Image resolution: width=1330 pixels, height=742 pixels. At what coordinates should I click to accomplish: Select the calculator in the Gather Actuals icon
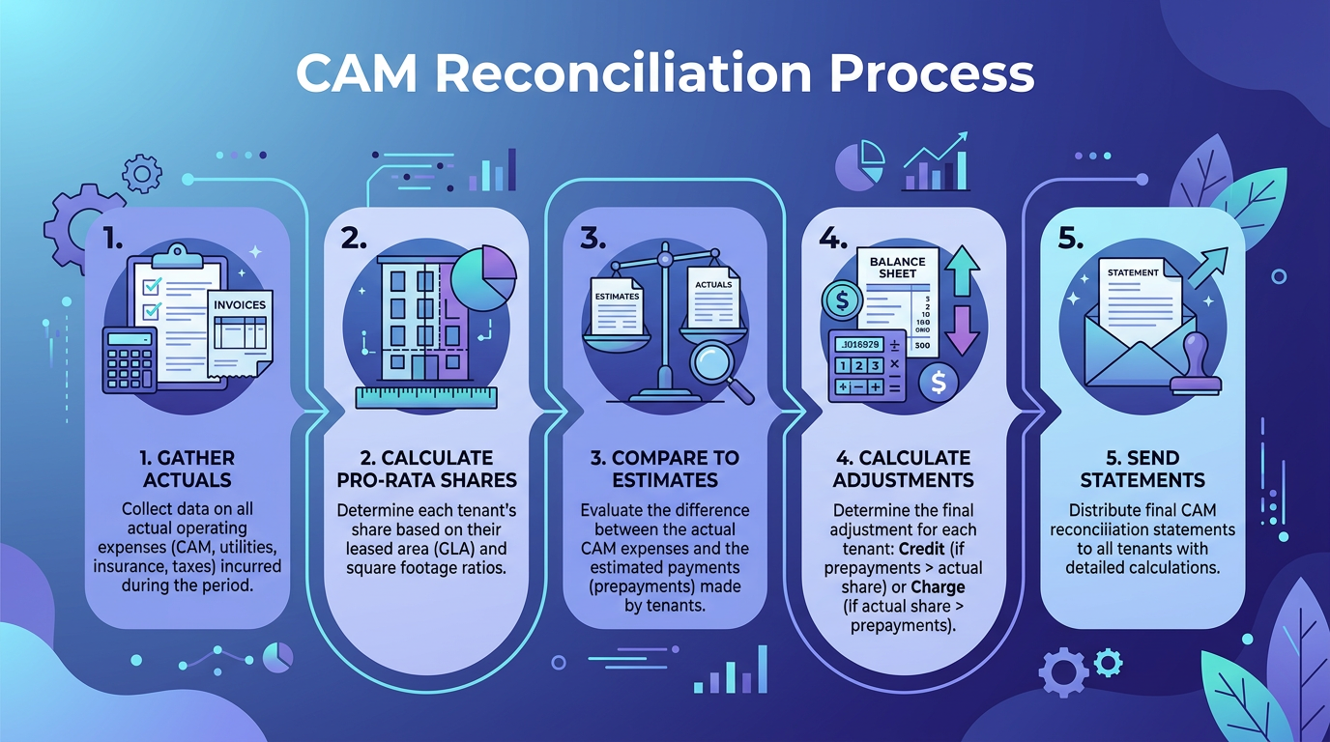click(x=129, y=360)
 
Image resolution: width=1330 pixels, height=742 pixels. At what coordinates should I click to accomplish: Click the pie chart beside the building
click(x=484, y=275)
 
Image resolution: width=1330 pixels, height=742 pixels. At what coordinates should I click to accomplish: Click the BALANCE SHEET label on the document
click(x=899, y=268)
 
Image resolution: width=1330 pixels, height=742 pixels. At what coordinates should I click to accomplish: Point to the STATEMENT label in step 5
click(x=1133, y=272)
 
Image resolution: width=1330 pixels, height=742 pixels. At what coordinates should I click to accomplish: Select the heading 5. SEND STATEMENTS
click(x=1142, y=469)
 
